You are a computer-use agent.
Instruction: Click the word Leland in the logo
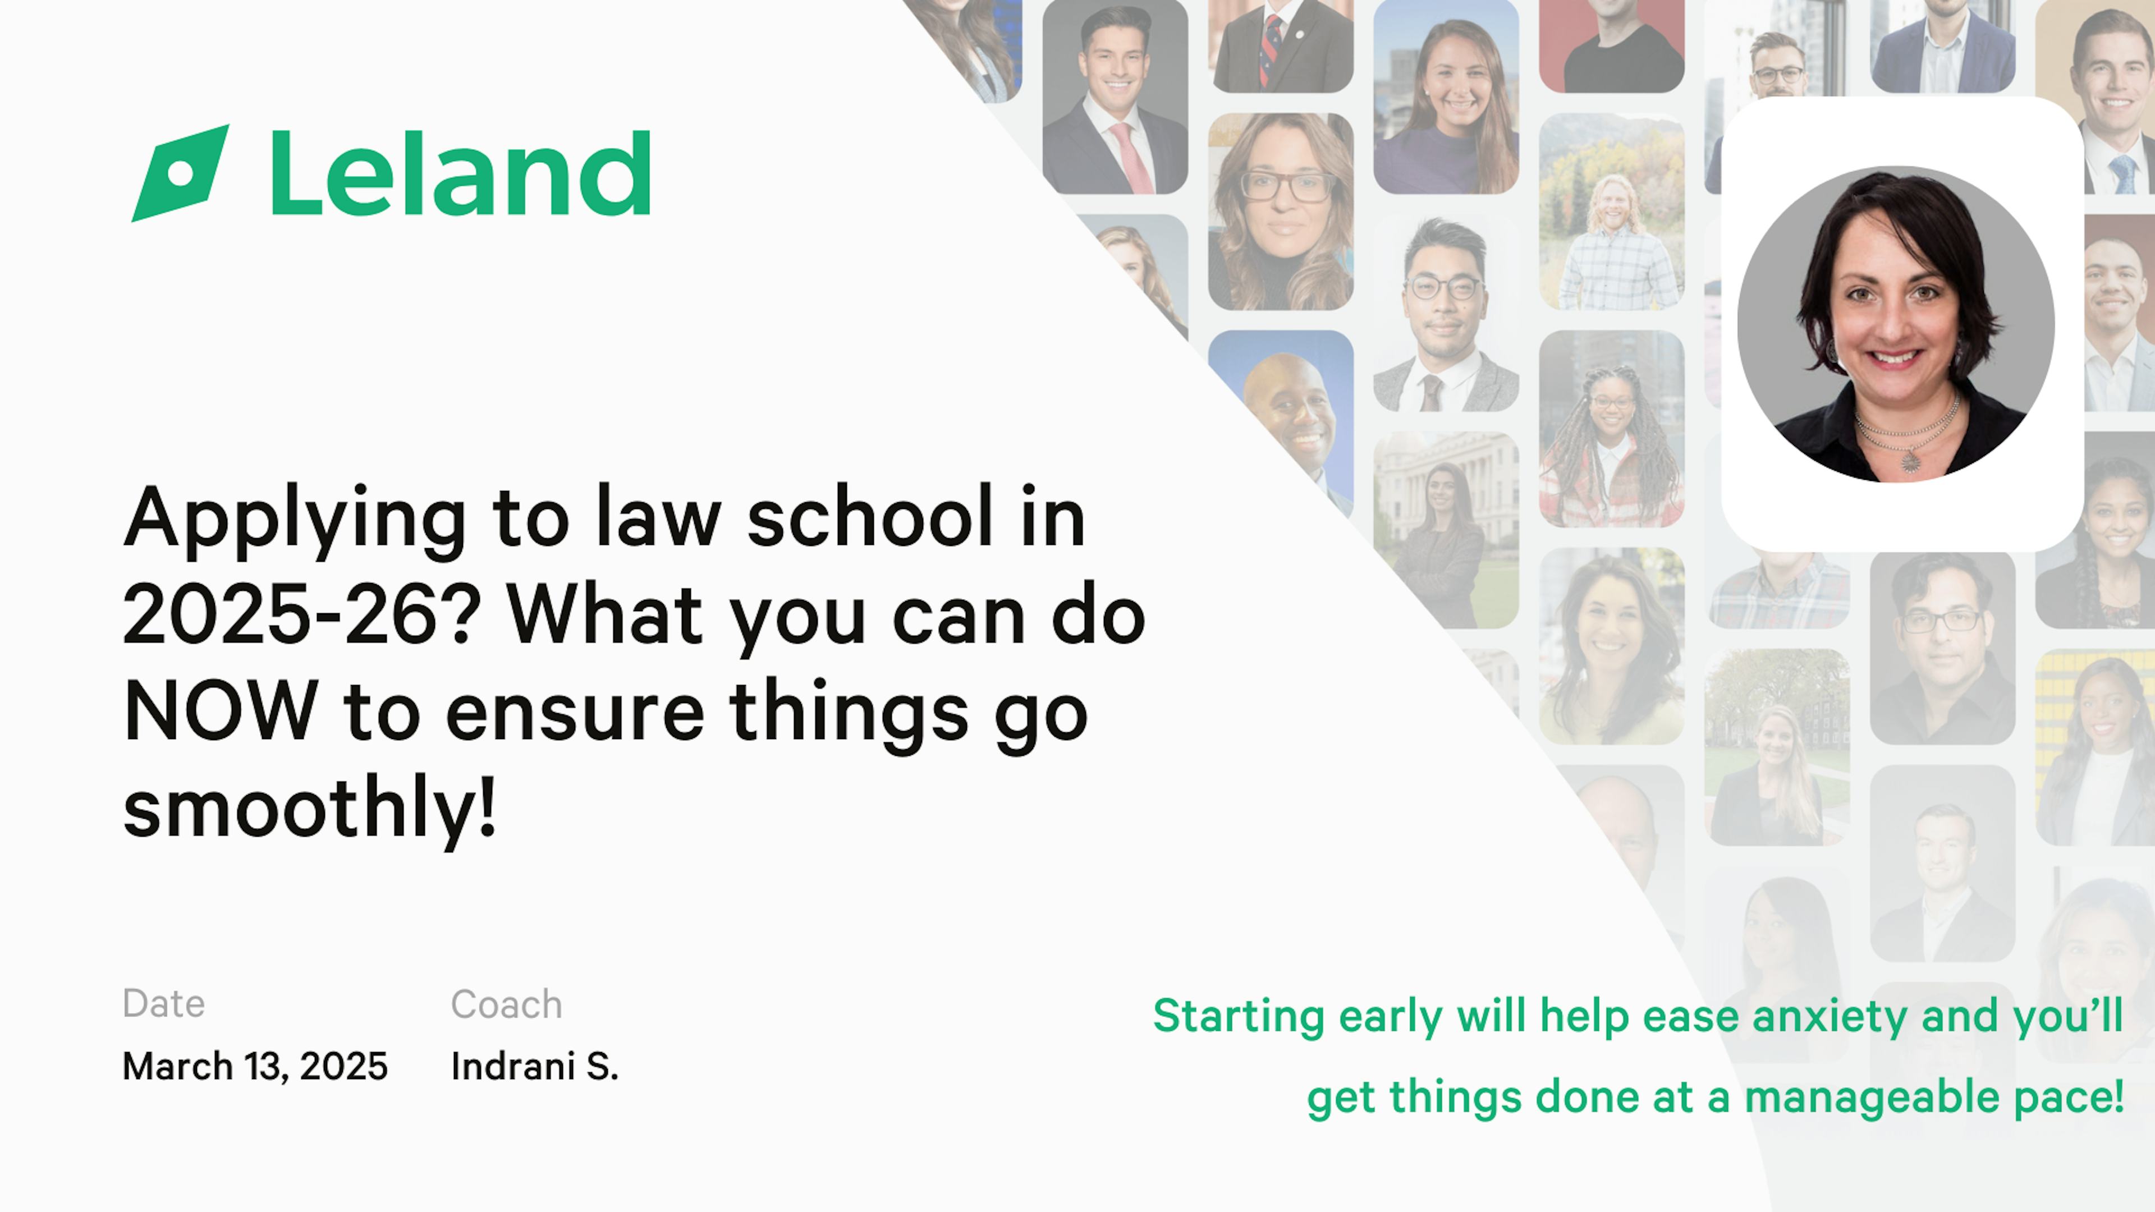pos(461,173)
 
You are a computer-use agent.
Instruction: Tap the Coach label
pos(506,1004)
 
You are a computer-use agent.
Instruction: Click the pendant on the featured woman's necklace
pos(1909,461)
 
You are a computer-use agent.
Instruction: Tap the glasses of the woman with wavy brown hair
pos(1285,186)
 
